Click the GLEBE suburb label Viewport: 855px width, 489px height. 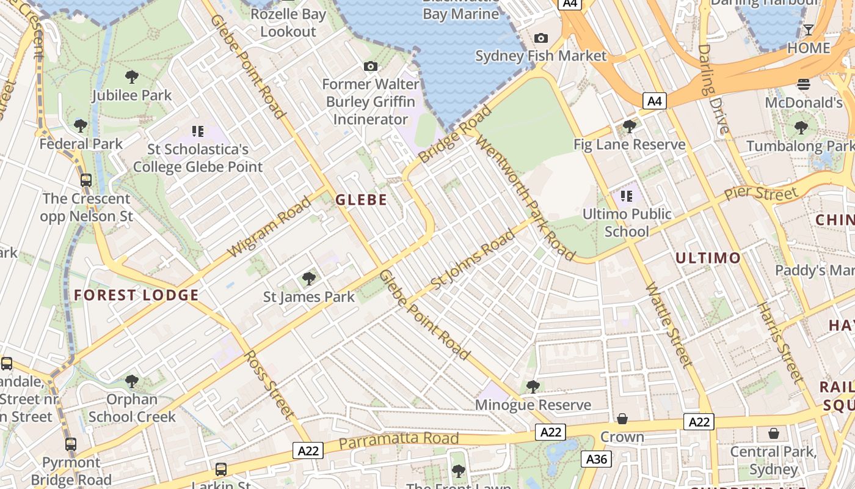coord(361,200)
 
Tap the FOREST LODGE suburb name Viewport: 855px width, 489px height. coord(136,296)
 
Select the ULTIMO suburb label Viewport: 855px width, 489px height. coord(708,258)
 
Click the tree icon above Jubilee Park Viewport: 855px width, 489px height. coord(131,77)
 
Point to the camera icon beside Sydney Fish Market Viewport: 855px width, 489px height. coord(540,39)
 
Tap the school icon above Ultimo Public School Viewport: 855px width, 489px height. coord(626,196)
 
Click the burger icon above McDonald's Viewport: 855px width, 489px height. coord(804,84)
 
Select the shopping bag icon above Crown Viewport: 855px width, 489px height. coord(622,419)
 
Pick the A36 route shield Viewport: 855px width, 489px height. coord(596,458)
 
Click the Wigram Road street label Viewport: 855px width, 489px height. coord(269,227)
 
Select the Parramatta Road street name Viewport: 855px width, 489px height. coord(398,439)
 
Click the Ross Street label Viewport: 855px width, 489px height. coord(270,384)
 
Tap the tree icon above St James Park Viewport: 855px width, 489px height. coord(309,279)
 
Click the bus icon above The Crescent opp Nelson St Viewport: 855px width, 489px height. coord(86,180)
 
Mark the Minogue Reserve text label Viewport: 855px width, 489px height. coord(533,405)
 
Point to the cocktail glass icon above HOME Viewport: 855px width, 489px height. coord(809,30)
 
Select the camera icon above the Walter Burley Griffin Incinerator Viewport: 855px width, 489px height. coord(370,66)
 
